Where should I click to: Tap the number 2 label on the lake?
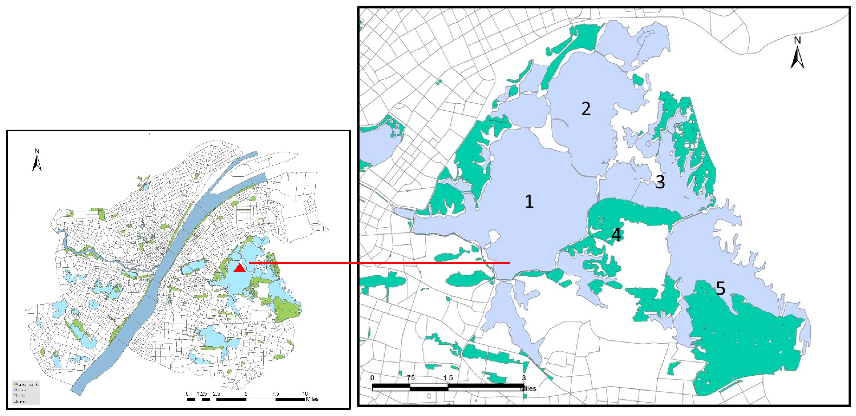(586, 109)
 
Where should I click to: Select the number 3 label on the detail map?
(660, 182)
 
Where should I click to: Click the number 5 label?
(720, 288)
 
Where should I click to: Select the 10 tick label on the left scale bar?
(305, 394)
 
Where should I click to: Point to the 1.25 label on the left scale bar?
(202, 394)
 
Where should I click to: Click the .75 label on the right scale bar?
(410, 378)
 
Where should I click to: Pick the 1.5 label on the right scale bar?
(448, 378)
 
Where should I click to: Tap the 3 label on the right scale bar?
(524, 378)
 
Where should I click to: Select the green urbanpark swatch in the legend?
(15, 384)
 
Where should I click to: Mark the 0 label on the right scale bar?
(372, 378)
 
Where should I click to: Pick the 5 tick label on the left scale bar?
(246, 394)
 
